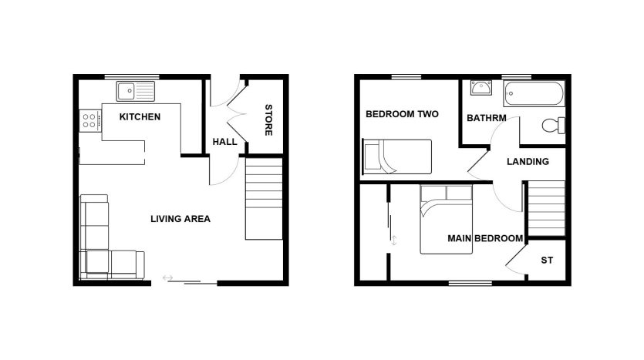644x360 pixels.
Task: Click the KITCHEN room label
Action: [140, 117]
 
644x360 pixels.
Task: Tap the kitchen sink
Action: [136, 91]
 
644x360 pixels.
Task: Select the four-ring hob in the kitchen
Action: [90, 121]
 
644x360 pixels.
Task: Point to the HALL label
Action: [224, 142]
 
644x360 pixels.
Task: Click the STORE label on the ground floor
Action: [268, 120]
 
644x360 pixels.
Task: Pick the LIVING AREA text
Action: [180, 219]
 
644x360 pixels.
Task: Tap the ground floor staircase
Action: [264, 199]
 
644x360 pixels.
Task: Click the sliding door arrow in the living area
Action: [167, 278]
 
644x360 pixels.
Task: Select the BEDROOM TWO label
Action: [402, 114]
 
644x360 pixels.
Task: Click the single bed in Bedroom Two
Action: [397, 156]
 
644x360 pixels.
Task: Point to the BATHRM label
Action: [487, 118]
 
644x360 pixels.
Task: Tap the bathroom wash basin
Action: [481, 88]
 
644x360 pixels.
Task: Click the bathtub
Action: [534, 94]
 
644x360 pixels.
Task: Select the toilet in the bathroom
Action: [553, 125]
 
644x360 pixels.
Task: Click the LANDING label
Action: [528, 162]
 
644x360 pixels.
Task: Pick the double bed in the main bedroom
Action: [446, 220]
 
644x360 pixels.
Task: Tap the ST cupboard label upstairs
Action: [547, 261]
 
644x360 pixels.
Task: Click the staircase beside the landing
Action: [546, 209]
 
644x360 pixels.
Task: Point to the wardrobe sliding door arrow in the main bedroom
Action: [394, 241]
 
